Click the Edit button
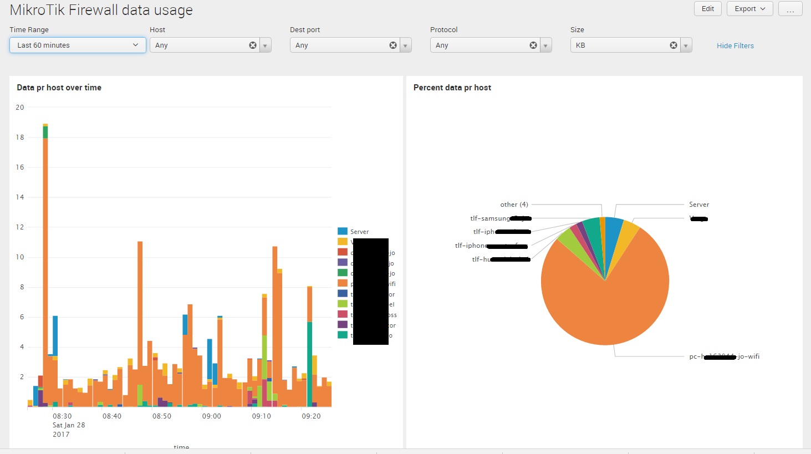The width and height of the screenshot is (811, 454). pos(708,9)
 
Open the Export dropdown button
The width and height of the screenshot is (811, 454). pos(749,9)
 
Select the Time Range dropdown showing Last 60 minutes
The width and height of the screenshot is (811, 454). pos(78,45)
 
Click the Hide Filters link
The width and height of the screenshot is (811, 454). pos(735,46)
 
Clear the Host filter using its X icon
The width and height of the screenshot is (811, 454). pos(253,45)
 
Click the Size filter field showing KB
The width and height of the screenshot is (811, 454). pos(621,45)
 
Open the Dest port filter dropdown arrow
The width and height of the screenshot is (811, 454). pos(406,45)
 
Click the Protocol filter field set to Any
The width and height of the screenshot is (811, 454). pos(480,45)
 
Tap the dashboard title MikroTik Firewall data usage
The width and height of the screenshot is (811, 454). pos(101,10)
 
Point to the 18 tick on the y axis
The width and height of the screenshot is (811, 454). pos(20,137)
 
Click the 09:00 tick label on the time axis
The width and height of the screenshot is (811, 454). pos(211,416)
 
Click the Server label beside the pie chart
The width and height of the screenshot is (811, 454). pos(699,205)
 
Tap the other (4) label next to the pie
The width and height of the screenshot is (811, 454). pos(514,205)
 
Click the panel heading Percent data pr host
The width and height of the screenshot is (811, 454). pos(452,88)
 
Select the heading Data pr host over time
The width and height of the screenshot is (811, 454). pos(59,88)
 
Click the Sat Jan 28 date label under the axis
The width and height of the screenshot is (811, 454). pos(69,425)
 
